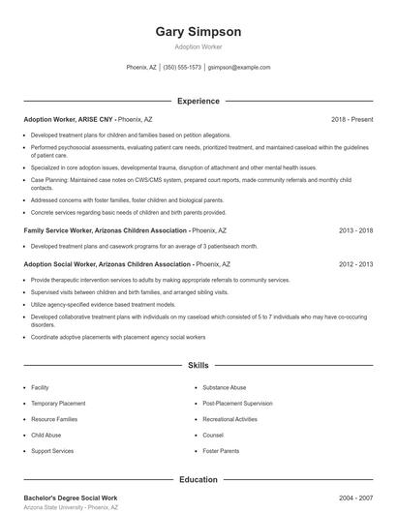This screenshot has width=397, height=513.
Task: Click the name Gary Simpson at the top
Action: (x=198, y=32)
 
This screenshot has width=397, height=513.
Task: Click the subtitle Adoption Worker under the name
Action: (x=198, y=47)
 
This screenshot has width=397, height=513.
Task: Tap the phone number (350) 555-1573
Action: (x=182, y=68)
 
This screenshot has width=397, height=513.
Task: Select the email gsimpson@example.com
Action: (x=239, y=68)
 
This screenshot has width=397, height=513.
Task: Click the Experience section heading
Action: (x=198, y=101)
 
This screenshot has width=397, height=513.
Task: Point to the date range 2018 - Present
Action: (x=351, y=119)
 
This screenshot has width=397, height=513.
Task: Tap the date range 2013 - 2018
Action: (x=355, y=231)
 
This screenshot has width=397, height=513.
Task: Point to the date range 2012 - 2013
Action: (x=355, y=264)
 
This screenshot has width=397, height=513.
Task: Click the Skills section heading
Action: (x=198, y=366)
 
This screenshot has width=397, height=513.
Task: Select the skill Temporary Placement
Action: (x=58, y=403)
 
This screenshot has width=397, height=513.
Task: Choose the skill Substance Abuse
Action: (x=224, y=387)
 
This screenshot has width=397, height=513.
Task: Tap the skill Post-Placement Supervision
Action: (x=237, y=403)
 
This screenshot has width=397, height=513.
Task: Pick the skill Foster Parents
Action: (x=221, y=451)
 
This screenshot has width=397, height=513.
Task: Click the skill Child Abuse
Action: (x=46, y=435)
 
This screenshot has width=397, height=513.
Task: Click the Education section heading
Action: (x=198, y=479)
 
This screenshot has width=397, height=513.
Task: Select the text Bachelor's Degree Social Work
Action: (x=70, y=497)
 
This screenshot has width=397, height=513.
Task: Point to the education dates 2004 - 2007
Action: (x=355, y=497)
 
